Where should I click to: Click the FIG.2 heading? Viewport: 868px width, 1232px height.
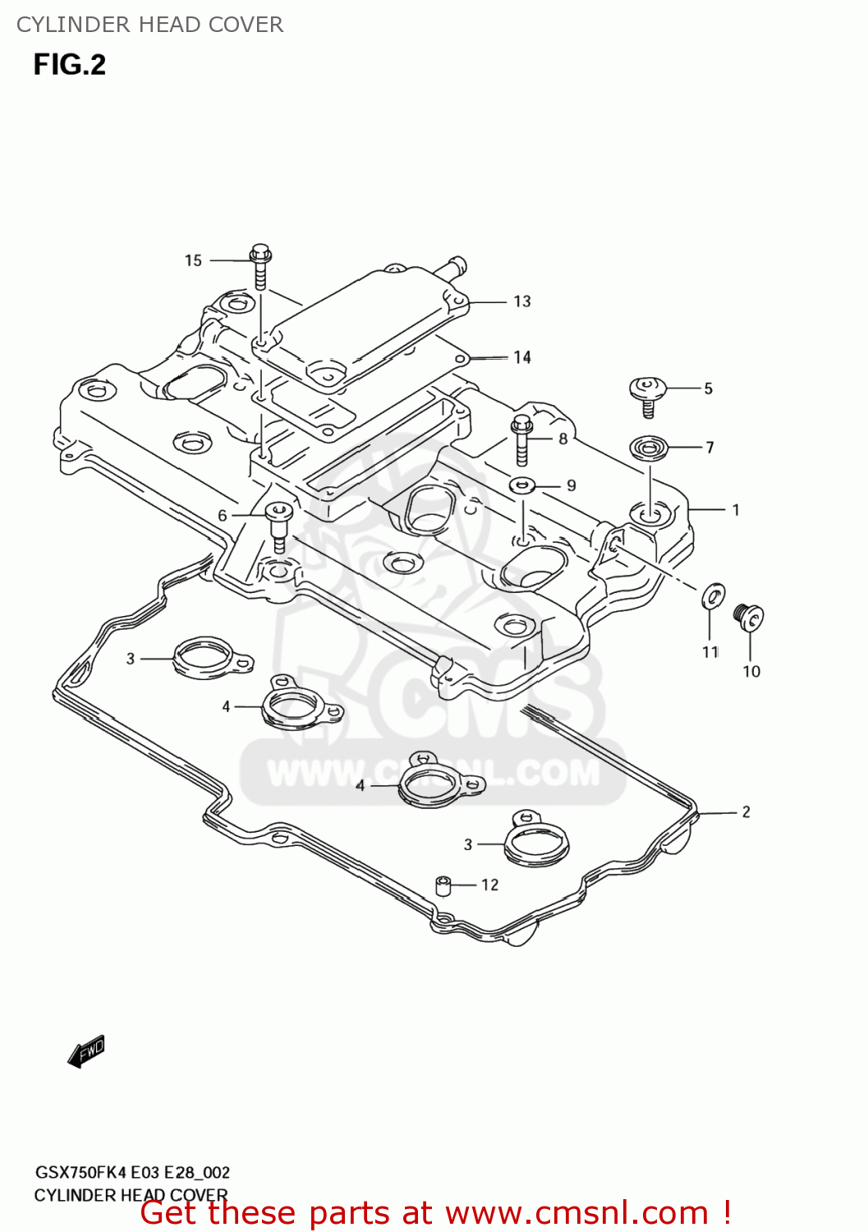coord(70,65)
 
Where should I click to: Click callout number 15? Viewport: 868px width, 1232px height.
coord(193,260)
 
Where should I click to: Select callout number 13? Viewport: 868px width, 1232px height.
coord(522,301)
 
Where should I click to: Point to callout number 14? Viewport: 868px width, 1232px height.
coord(522,357)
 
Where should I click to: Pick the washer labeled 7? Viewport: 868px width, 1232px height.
coord(649,448)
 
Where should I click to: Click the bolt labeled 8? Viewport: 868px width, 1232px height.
coord(521,439)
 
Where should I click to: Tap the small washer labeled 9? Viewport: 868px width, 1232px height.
coord(522,485)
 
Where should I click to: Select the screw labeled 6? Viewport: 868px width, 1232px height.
coord(278,526)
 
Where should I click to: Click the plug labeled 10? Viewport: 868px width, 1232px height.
coord(749,617)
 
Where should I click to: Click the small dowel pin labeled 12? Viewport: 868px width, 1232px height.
coord(443,886)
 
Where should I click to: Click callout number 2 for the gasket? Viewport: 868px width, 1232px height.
coord(746,812)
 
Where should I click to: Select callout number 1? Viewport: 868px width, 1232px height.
coord(736,510)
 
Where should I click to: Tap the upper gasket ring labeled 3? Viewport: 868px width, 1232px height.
coord(209,657)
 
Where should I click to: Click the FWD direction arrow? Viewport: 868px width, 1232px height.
coord(86,1050)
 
